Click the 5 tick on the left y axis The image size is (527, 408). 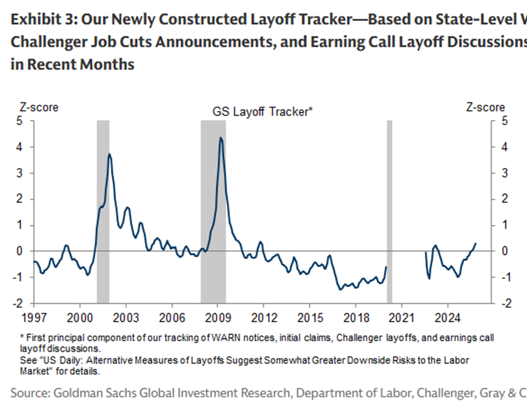point(20,122)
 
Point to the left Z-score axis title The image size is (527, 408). point(39,108)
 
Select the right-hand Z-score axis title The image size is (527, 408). point(485,108)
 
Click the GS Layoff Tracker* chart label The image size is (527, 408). point(263,112)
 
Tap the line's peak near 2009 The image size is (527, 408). point(220,138)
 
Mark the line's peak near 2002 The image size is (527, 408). point(109,154)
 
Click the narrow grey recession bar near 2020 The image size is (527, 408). point(389,211)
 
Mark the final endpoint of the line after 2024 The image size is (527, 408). point(476,244)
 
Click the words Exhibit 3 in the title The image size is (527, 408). point(43,21)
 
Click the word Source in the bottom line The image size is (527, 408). point(28,393)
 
